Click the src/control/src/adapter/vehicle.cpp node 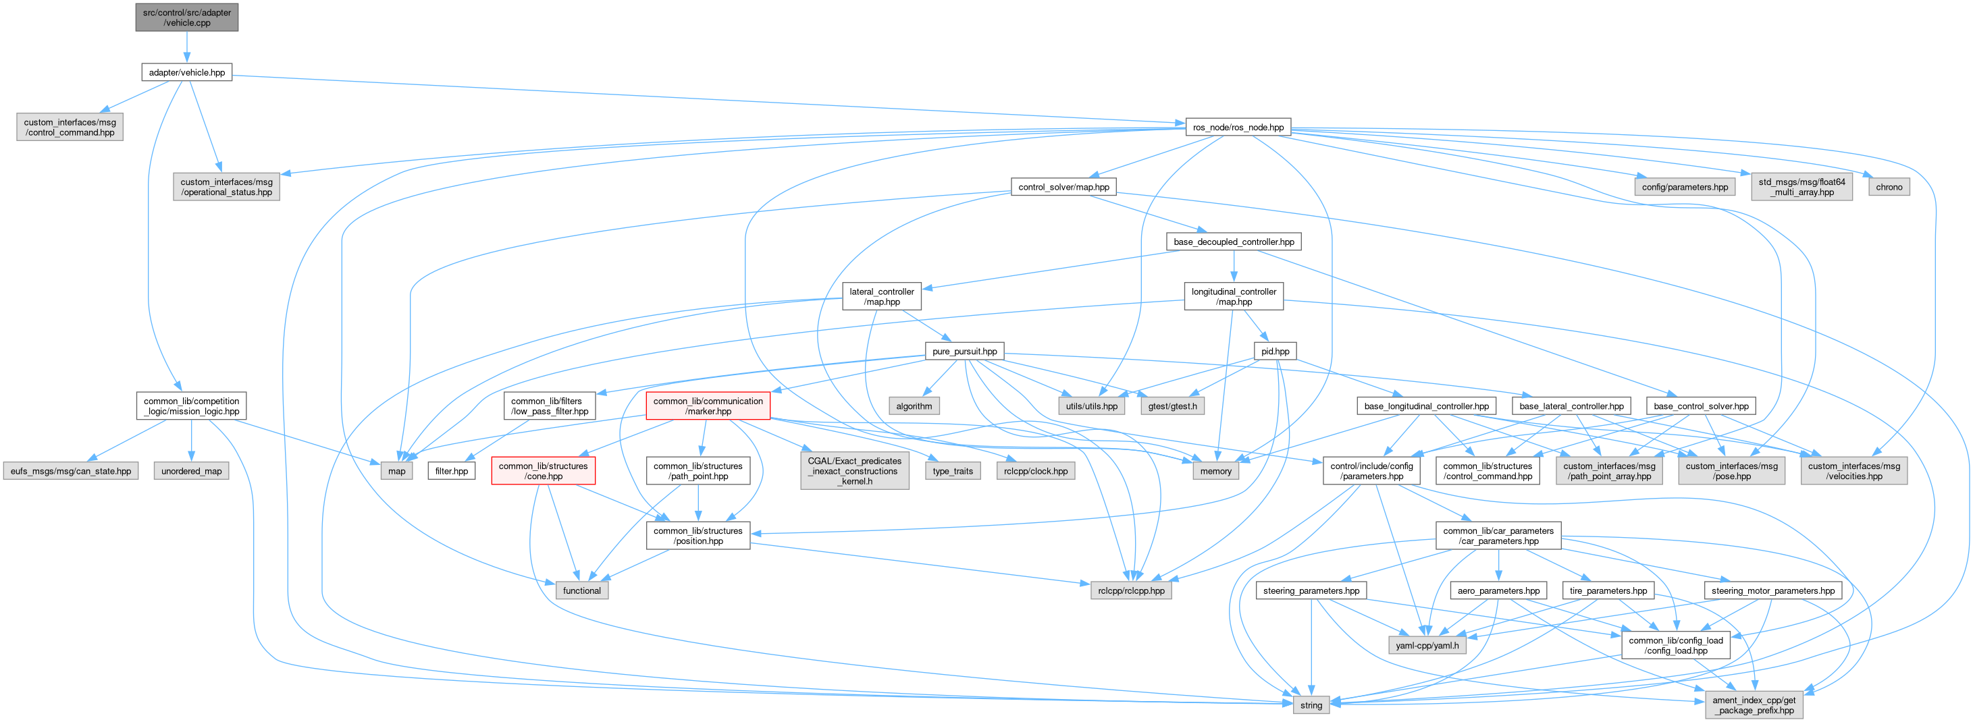click(x=187, y=17)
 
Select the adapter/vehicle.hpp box click(x=187, y=73)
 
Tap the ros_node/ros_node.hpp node click(x=1238, y=127)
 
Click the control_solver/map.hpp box click(x=1063, y=187)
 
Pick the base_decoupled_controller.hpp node click(x=1233, y=242)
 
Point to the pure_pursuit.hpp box click(x=964, y=352)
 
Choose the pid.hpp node click(x=1275, y=352)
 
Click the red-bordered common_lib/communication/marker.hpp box click(x=708, y=406)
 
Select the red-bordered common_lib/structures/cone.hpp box click(x=543, y=471)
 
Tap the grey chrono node click(x=1889, y=187)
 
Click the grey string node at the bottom click(x=1311, y=705)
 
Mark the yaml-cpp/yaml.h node click(x=1427, y=646)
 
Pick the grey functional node click(x=581, y=590)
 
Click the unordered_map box click(x=192, y=471)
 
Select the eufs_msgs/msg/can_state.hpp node click(x=70, y=471)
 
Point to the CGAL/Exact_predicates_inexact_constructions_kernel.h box click(x=855, y=471)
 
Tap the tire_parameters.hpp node click(x=1608, y=590)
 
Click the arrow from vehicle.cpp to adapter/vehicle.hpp click(x=187, y=47)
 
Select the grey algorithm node click(x=914, y=406)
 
